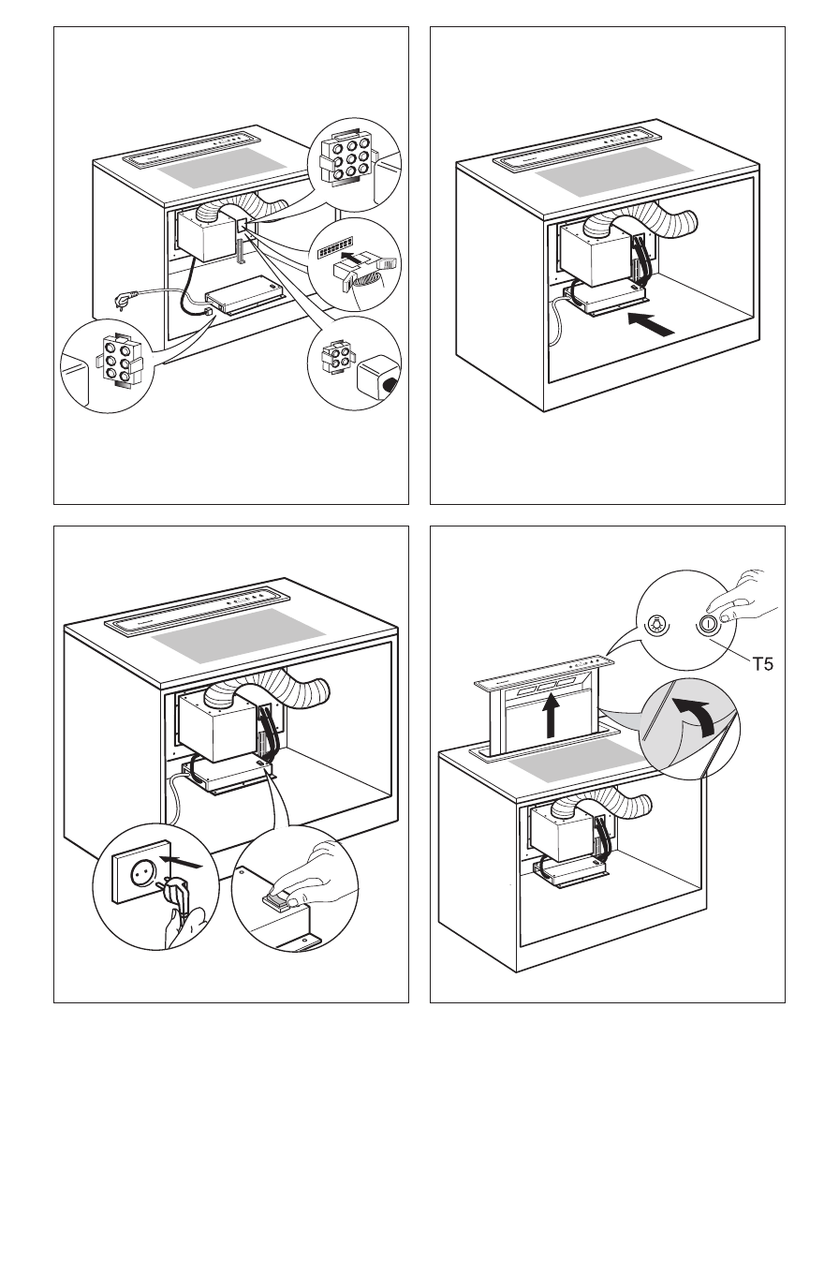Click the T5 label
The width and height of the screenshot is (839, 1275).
(x=763, y=663)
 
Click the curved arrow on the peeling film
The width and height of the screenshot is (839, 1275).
(x=695, y=716)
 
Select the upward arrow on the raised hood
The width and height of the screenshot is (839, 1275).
(x=551, y=715)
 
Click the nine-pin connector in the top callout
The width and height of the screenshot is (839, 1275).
(x=346, y=158)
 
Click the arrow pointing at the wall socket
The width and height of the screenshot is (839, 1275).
(x=181, y=862)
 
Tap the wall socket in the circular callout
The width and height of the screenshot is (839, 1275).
(x=141, y=871)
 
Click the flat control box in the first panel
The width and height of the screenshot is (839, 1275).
(x=246, y=295)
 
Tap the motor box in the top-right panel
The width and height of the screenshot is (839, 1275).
(x=596, y=253)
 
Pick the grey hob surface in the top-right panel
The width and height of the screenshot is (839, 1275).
(x=614, y=172)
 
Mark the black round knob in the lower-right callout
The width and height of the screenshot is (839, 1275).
(x=390, y=385)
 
